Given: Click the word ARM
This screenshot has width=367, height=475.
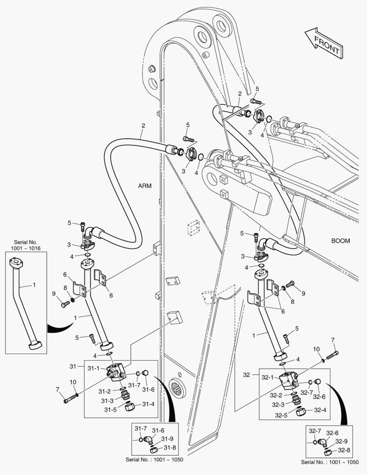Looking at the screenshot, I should pyautogui.click(x=145, y=186).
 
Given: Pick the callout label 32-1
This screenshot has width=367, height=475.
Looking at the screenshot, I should pyautogui.click(x=268, y=377).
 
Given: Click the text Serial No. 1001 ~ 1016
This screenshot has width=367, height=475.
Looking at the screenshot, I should pyautogui.click(x=26, y=245).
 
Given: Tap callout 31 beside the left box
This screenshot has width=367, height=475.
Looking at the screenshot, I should pyautogui.click(x=73, y=366).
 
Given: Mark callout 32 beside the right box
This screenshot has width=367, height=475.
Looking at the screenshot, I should pyautogui.click(x=247, y=375).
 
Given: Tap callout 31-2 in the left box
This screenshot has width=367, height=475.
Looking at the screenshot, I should pyautogui.click(x=104, y=391).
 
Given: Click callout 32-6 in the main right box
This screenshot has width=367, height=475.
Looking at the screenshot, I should pyautogui.click(x=319, y=396).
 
